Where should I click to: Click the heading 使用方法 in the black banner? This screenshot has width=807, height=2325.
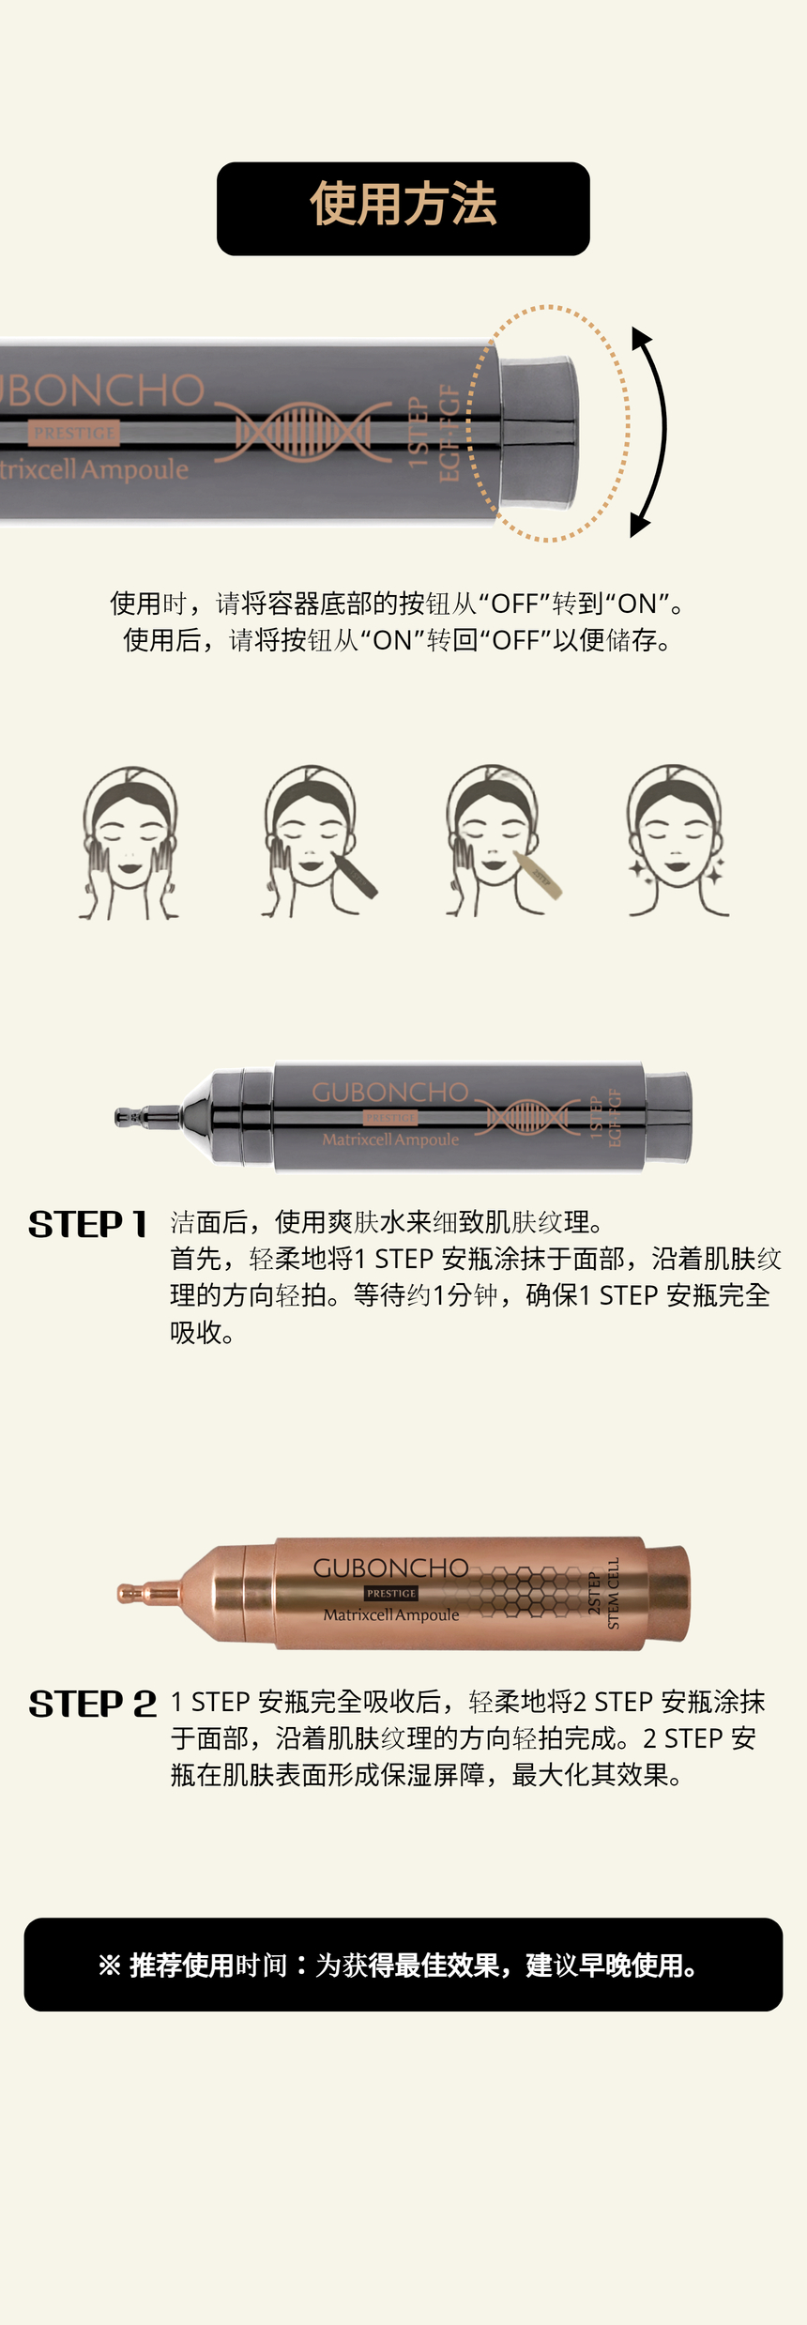[403, 205]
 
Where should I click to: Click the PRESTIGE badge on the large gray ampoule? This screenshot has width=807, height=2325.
[74, 433]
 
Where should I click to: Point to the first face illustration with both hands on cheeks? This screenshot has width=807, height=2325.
[129, 842]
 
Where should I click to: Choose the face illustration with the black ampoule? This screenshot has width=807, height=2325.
[318, 842]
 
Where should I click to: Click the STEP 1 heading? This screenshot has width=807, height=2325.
[88, 1224]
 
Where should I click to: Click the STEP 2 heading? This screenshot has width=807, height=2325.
[93, 1704]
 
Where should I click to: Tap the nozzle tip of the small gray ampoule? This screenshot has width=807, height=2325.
[120, 1117]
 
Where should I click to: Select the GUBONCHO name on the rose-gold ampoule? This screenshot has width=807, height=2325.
[390, 1568]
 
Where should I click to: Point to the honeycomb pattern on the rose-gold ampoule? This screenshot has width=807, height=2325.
[520, 1592]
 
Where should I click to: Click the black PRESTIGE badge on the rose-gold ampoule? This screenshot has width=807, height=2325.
[391, 1593]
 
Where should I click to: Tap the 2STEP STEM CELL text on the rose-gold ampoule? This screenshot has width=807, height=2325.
[603, 1593]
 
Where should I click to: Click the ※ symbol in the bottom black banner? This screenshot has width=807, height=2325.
[110, 1966]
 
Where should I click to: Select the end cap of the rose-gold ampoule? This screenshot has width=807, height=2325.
[667, 1593]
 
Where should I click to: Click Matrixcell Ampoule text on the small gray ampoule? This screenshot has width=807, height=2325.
[390, 1140]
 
